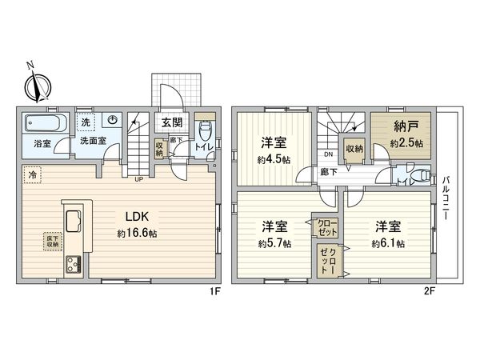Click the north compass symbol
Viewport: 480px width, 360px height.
[x=36, y=82]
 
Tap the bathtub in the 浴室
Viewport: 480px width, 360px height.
[x=41, y=125]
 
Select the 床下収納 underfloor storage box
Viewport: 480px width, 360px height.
[x=51, y=240]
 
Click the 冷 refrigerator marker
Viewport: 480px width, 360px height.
[x=32, y=173]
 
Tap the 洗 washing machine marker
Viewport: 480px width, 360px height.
[x=85, y=123]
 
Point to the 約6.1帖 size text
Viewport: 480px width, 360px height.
[x=388, y=244]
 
